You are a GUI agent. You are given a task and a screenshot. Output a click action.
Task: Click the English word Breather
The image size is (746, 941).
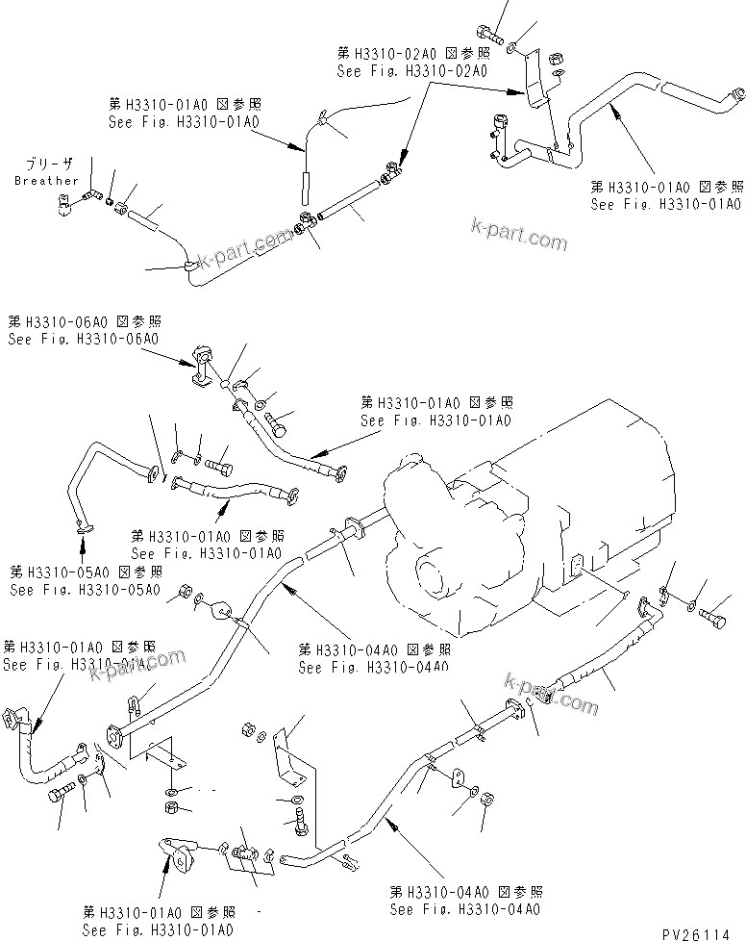[x=46, y=181]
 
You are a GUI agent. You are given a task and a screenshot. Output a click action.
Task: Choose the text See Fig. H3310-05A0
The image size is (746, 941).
[x=85, y=589]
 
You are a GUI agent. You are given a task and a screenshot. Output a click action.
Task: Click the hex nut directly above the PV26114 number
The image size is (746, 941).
[x=486, y=798]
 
